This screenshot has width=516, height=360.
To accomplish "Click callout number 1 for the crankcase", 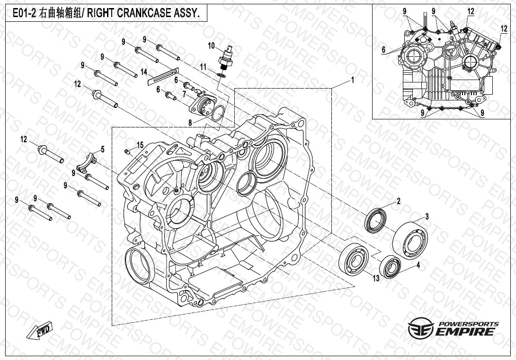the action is (x=353, y=80).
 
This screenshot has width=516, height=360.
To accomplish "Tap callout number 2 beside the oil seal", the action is (x=399, y=201).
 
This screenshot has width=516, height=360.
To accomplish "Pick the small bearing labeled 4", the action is (x=390, y=267).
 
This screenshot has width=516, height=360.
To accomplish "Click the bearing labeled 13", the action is (x=354, y=259).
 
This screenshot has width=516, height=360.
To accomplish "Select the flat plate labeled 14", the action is (x=163, y=76).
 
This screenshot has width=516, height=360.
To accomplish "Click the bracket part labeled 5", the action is (x=86, y=163).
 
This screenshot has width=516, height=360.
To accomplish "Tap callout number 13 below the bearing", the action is (x=376, y=279).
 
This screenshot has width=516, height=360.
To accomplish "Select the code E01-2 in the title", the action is (x=25, y=13).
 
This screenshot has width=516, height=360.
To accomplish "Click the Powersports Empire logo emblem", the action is (x=421, y=328).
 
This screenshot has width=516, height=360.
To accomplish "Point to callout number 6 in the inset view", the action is (x=383, y=50).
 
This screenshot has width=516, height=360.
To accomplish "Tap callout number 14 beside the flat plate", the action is (x=144, y=72).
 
